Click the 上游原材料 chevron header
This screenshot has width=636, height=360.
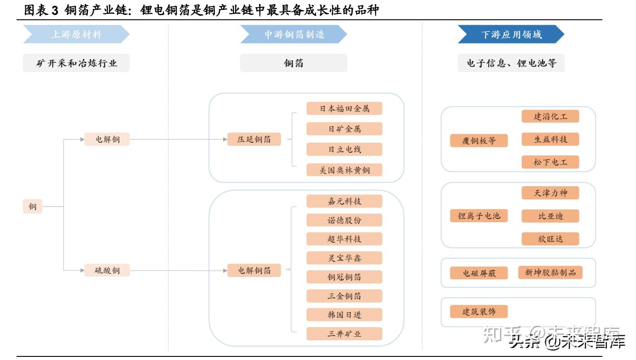point(76,35)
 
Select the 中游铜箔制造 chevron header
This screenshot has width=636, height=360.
point(294,35)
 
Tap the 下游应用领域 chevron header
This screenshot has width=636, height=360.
point(511,35)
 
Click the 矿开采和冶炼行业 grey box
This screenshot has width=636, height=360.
point(76,63)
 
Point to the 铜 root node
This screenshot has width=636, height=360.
point(33,206)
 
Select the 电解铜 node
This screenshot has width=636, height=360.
point(107,139)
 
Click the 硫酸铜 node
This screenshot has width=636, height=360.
point(107,270)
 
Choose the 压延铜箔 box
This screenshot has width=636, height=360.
point(254,139)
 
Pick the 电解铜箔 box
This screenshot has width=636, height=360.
point(254,270)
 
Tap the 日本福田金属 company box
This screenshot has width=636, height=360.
point(344,109)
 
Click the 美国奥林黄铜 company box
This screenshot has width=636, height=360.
point(344,170)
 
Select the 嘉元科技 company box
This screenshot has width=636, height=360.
point(344,201)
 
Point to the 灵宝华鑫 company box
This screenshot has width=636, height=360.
point(344,258)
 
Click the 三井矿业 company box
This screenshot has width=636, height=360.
point(344,334)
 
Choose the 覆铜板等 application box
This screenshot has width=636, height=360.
point(479,140)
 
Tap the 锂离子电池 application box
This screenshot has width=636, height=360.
point(479,216)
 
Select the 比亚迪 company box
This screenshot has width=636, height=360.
point(550,216)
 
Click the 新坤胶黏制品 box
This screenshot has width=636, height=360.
point(550,272)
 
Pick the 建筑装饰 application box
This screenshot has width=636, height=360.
point(479,312)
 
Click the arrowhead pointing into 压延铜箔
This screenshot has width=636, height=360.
point(225,139)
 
